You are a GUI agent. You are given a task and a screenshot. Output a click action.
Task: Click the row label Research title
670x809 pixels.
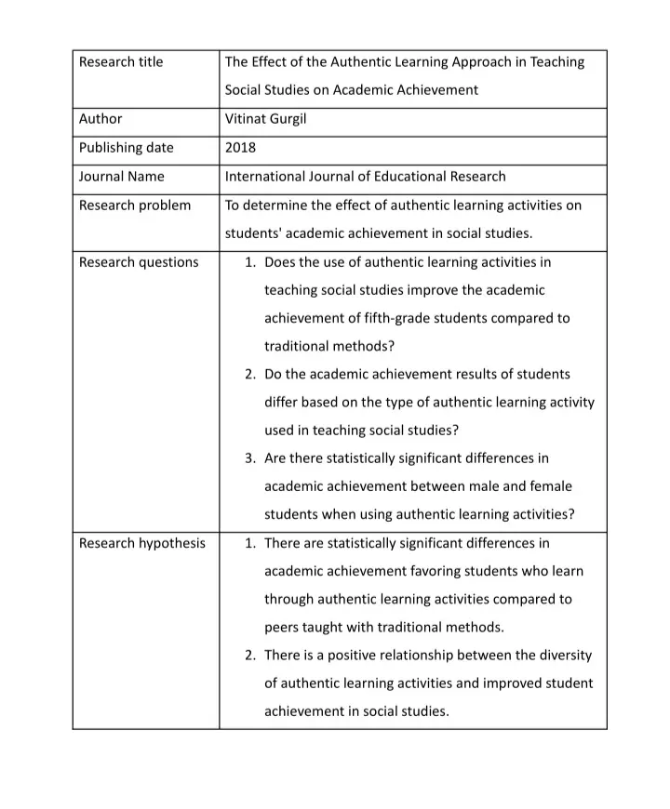coord(121,62)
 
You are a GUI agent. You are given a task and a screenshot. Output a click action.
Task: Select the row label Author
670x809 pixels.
coord(100,119)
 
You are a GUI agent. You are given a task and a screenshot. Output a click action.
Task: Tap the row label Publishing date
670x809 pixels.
coord(127,148)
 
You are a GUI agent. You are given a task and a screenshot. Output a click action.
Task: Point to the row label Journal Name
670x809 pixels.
coord(122,177)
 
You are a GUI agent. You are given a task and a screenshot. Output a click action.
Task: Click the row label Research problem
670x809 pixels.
coord(135,206)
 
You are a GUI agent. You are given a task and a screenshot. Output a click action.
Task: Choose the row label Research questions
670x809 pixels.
coord(139,262)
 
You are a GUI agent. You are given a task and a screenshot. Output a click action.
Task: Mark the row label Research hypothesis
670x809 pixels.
coord(142,543)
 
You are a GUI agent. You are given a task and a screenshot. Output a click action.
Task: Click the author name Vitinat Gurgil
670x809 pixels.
coord(266,119)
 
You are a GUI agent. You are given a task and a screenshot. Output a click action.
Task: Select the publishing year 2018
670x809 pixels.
coord(240,148)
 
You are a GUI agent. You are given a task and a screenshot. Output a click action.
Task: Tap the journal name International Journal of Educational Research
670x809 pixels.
coord(366,177)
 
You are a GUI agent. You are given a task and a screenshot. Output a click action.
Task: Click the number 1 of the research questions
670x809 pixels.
coord(249,262)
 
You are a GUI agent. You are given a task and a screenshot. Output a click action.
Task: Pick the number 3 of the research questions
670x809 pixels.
coord(249,458)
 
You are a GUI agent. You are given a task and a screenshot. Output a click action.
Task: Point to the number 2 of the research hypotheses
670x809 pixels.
coord(249,656)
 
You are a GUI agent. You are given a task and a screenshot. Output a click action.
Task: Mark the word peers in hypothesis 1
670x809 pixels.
coord(283,628)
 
